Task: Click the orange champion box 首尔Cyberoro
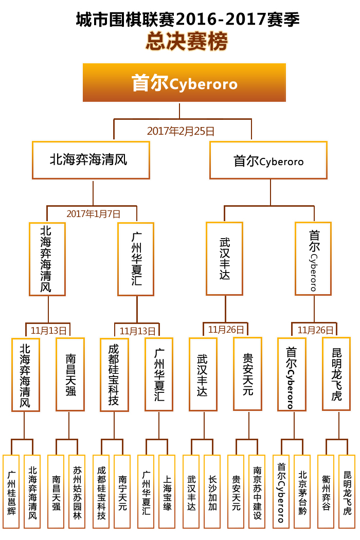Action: tap(184, 82)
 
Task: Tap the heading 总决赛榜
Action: tap(187, 41)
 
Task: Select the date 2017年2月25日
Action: tap(181, 131)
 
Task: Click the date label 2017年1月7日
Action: tap(94, 214)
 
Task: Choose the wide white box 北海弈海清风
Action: tap(91, 160)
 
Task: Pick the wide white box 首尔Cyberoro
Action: tap(268, 160)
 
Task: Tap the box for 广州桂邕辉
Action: tap(11, 492)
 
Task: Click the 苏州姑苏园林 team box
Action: tap(77, 492)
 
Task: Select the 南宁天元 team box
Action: tap(122, 492)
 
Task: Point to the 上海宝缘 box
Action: tap(167, 492)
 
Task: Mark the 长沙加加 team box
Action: tap(212, 492)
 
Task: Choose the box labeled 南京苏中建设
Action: tap(257, 492)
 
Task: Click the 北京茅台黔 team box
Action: tap(302, 492)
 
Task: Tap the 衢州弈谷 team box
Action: tap(326, 492)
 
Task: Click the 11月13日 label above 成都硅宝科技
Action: tap(137, 331)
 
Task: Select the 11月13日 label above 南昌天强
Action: tap(48, 331)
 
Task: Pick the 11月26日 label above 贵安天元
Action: tap(226, 330)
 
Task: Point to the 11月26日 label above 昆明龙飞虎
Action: tap(315, 330)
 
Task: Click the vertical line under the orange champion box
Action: tap(179, 111)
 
